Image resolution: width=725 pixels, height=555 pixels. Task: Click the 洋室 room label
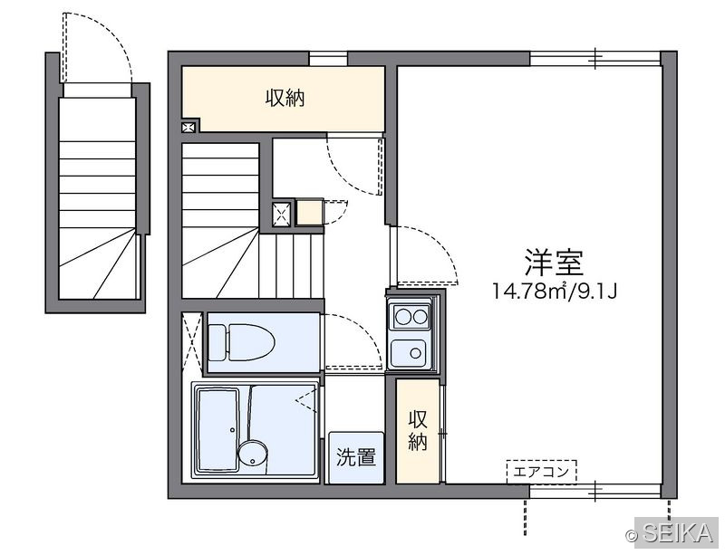pyautogui.click(x=554, y=262)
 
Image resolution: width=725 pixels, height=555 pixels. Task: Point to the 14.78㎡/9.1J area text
pyautogui.click(x=555, y=292)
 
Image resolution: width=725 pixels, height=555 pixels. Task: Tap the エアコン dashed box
pyautogui.click(x=541, y=472)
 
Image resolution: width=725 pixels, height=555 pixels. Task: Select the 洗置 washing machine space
pyautogui.click(x=355, y=457)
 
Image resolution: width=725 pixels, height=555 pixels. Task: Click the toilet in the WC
pyautogui.click(x=241, y=342)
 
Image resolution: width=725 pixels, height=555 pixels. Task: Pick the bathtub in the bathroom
pyautogui.click(x=218, y=430)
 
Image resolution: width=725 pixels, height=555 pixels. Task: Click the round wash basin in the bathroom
pyautogui.click(x=253, y=454)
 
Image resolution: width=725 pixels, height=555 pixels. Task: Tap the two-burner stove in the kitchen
pyautogui.click(x=411, y=317)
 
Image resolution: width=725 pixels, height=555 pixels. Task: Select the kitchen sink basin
pyautogui.click(x=409, y=352)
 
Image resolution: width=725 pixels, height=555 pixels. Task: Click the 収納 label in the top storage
pyautogui.click(x=285, y=98)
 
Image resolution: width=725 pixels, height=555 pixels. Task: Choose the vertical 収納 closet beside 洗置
pyautogui.click(x=418, y=431)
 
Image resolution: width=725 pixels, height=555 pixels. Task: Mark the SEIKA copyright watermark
pyautogui.click(x=670, y=533)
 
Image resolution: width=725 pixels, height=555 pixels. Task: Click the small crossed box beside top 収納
pyautogui.click(x=188, y=127)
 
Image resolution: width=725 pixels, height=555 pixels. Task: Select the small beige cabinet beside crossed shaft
pyautogui.click(x=309, y=212)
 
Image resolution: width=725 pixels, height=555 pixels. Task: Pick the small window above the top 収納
pyautogui.click(x=328, y=59)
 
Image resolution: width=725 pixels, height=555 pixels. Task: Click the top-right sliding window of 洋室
pyautogui.click(x=595, y=59)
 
